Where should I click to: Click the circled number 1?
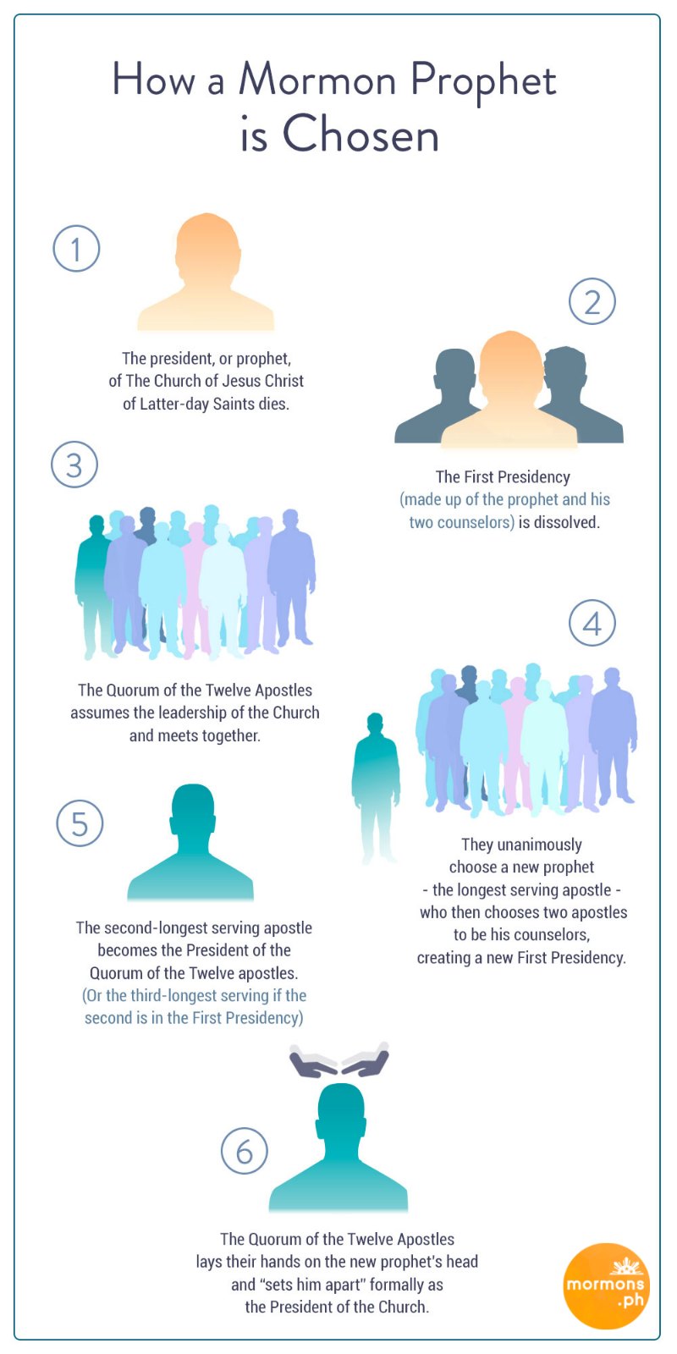point(76,249)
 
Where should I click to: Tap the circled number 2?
point(592,301)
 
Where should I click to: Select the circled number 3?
point(74,465)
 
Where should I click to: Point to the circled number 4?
point(592,623)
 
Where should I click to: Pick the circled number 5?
point(80,823)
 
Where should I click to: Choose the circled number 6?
point(245,1151)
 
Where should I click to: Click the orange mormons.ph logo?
point(605,1285)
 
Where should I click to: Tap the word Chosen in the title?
point(361,133)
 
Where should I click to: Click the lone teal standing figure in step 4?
point(376,786)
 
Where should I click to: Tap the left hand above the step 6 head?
point(313,1060)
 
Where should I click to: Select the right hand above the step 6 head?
point(366,1060)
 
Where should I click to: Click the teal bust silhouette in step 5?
point(190,843)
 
